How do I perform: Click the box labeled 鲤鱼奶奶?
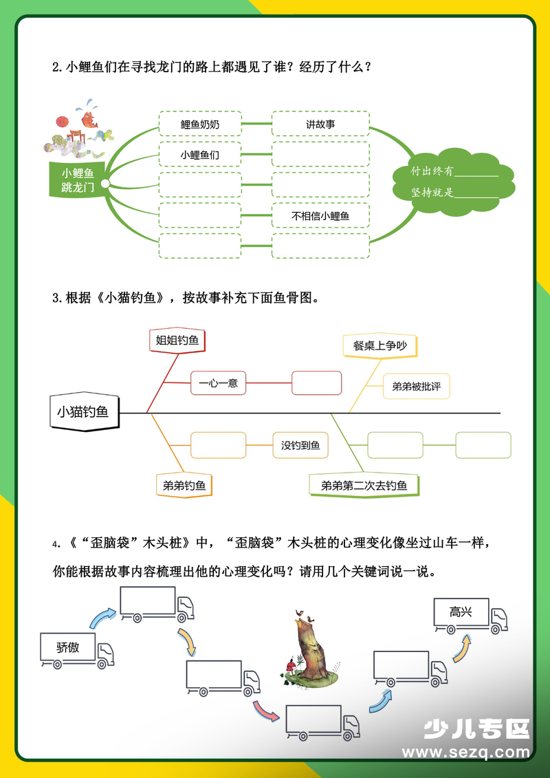[x=200, y=125]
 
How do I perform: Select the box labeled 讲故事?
[x=320, y=125]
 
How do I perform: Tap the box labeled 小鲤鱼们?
[x=200, y=155]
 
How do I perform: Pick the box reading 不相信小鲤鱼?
[x=320, y=216]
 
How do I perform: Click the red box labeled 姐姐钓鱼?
[x=177, y=340]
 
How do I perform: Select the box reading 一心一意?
[x=218, y=383]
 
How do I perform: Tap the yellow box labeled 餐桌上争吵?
[x=379, y=345]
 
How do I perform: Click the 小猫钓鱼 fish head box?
[x=83, y=412]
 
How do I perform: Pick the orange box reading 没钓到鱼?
[x=300, y=446]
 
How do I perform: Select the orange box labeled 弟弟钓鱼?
[x=184, y=486]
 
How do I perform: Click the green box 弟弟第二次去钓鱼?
[x=364, y=486]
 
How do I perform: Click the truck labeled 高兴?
[x=470, y=614]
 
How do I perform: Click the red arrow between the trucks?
[x=265, y=709]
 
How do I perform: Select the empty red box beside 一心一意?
[x=316, y=383]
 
